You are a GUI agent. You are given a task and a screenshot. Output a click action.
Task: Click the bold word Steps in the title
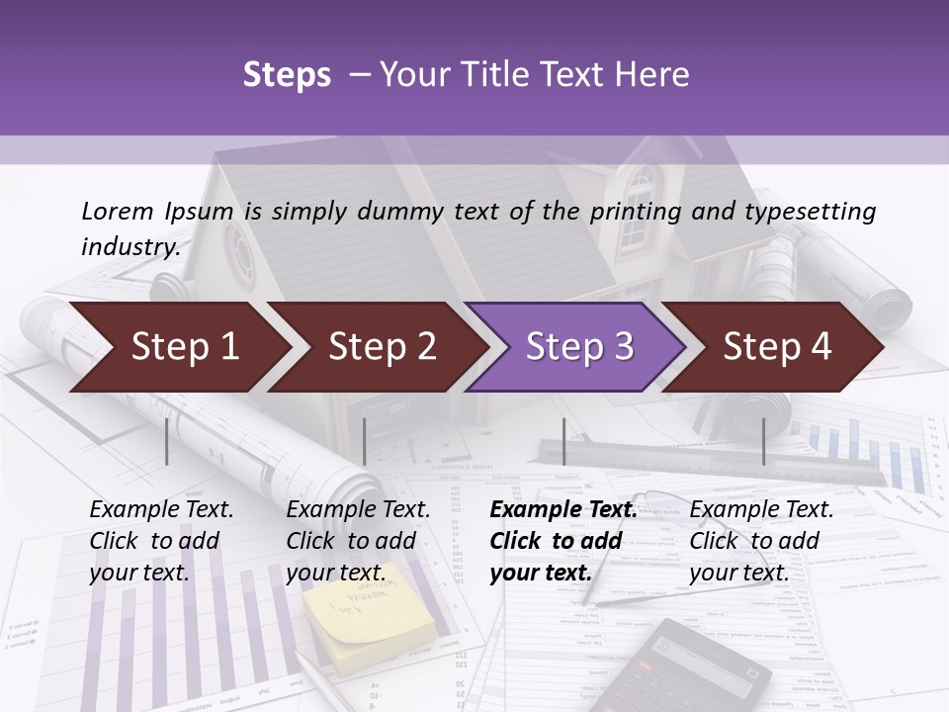287,75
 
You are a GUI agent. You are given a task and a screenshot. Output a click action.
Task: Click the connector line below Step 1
167,441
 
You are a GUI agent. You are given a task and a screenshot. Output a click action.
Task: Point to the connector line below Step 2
365,441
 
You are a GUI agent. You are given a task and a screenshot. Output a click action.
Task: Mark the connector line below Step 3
563,441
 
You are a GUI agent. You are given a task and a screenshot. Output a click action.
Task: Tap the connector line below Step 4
763,441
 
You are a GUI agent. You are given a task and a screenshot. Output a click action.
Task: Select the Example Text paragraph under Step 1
161,540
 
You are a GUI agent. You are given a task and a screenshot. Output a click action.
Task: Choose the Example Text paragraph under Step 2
358,540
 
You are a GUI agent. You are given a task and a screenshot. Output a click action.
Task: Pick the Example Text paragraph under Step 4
761,540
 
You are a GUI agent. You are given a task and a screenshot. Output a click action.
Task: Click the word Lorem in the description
118,211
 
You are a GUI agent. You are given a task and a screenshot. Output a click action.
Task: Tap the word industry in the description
129,246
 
